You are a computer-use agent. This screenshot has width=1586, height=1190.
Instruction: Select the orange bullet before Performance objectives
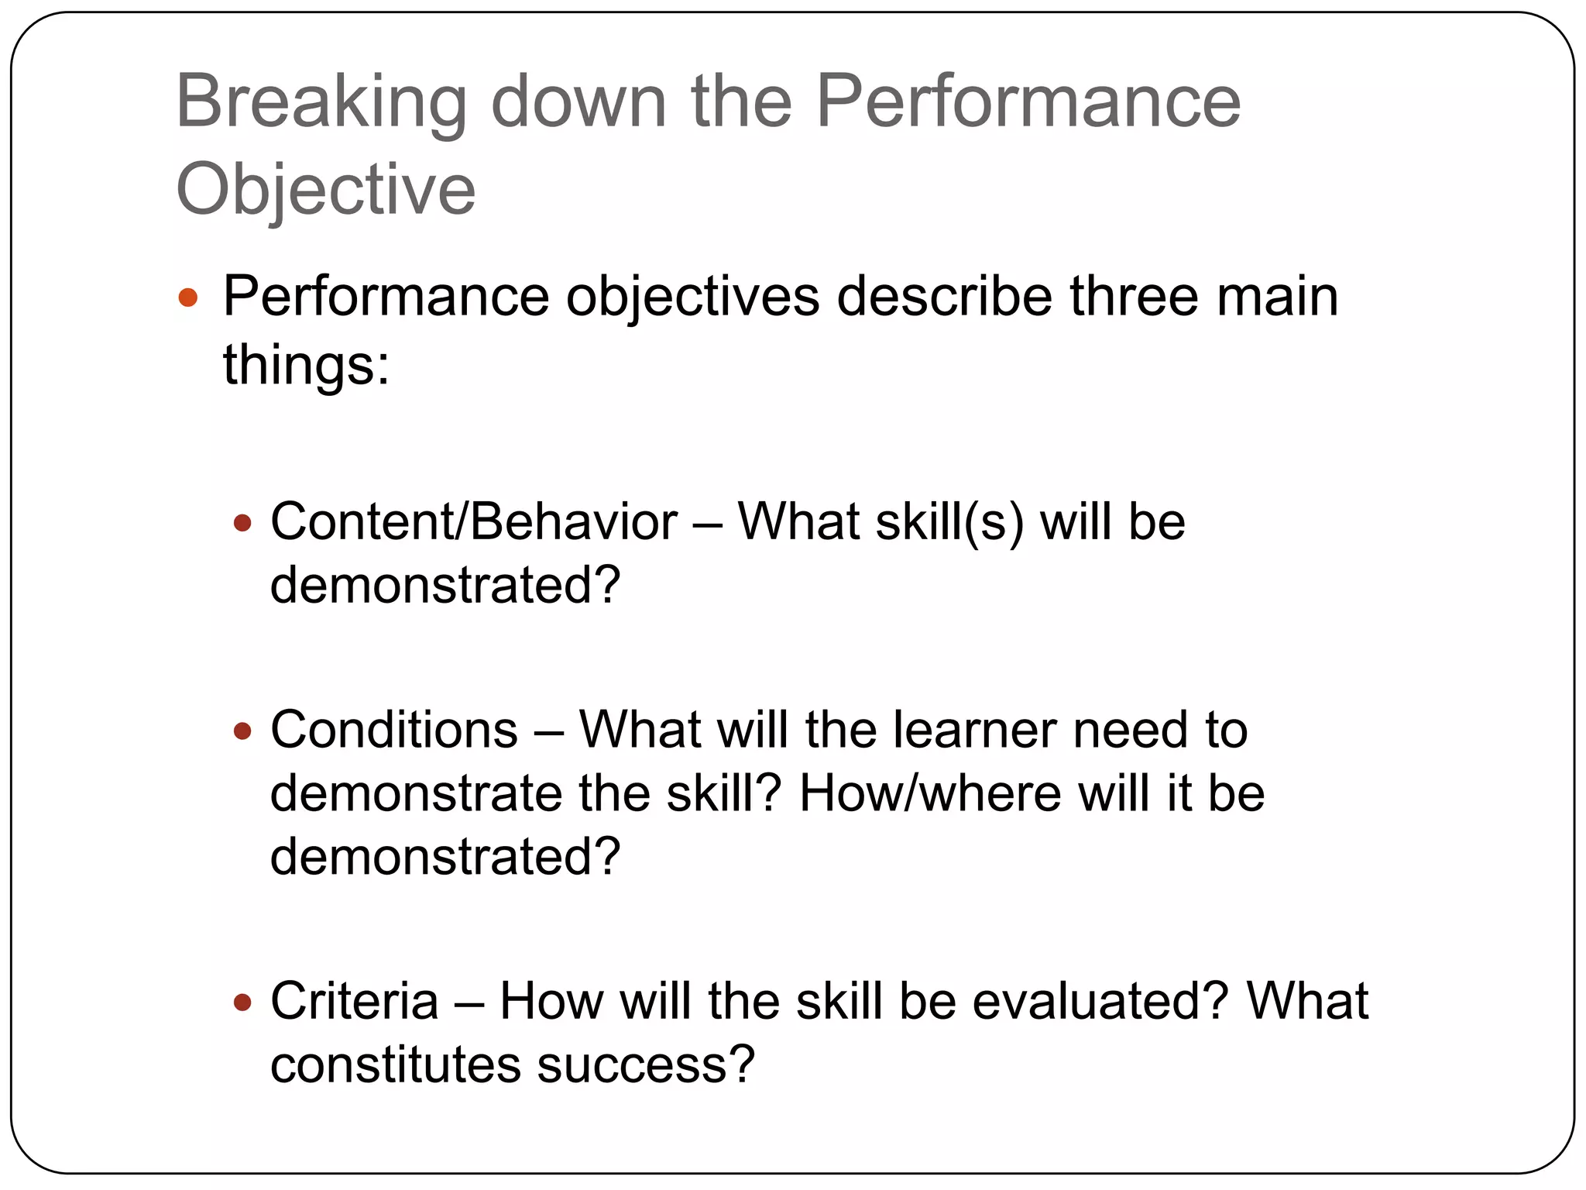click(x=188, y=297)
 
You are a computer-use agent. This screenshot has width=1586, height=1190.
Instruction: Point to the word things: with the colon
click(x=306, y=365)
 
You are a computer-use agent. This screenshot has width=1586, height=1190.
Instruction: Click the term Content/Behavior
click(x=473, y=521)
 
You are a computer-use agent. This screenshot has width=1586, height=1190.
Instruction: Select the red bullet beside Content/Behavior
click(x=242, y=524)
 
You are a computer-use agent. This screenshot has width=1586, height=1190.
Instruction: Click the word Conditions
click(x=393, y=731)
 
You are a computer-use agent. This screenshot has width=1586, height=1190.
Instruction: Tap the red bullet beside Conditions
click(x=242, y=731)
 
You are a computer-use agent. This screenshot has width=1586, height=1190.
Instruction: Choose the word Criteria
click(x=354, y=1001)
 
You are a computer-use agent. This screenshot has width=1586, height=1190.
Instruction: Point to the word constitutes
click(x=396, y=1064)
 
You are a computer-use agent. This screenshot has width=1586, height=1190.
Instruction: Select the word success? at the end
click(x=646, y=1064)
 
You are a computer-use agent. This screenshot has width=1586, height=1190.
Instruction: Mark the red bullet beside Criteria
click(x=242, y=1003)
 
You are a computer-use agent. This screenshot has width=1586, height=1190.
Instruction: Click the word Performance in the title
click(x=1028, y=103)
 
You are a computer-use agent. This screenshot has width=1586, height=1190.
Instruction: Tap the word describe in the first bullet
click(x=944, y=297)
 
